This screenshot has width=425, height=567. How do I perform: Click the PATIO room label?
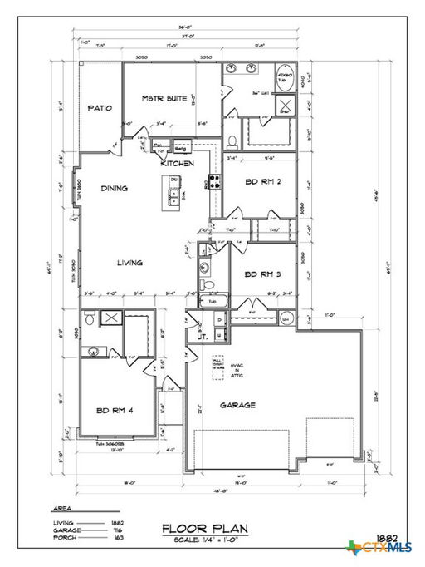pyautogui.click(x=100, y=107)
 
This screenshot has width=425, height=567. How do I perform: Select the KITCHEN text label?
pyautogui.click(x=178, y=164)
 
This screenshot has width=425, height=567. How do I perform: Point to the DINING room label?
pyautogui.click(x=115, y=189)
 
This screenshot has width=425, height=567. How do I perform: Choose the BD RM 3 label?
pyautogui.click(x=261, y=274)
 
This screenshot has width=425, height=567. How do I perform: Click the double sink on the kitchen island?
pyautogui.click(x=175, y=196)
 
